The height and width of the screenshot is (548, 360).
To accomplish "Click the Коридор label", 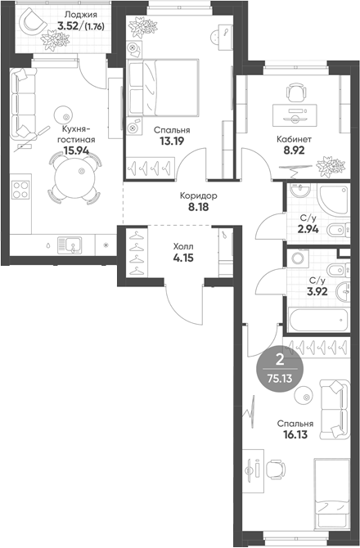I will point(198,196).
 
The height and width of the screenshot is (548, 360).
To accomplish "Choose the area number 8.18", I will point(198,209).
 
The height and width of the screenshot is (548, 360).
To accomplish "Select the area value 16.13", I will point(295,436).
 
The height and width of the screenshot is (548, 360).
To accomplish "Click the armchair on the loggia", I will point(34,25).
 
